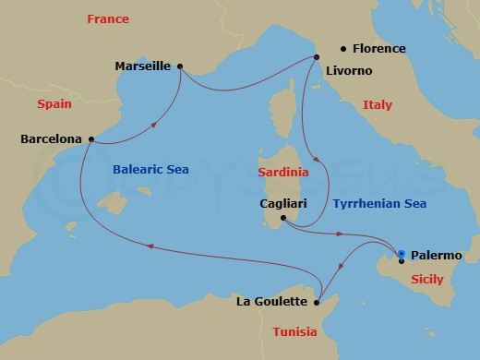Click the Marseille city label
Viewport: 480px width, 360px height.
click(x=144, y=66)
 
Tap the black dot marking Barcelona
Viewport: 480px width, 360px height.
click(x=90, y=139)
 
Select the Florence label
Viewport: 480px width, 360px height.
click(x=379, y=48)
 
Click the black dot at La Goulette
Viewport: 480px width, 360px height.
click(x=316, y=302)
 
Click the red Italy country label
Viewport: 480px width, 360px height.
click(x=377, y=104)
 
